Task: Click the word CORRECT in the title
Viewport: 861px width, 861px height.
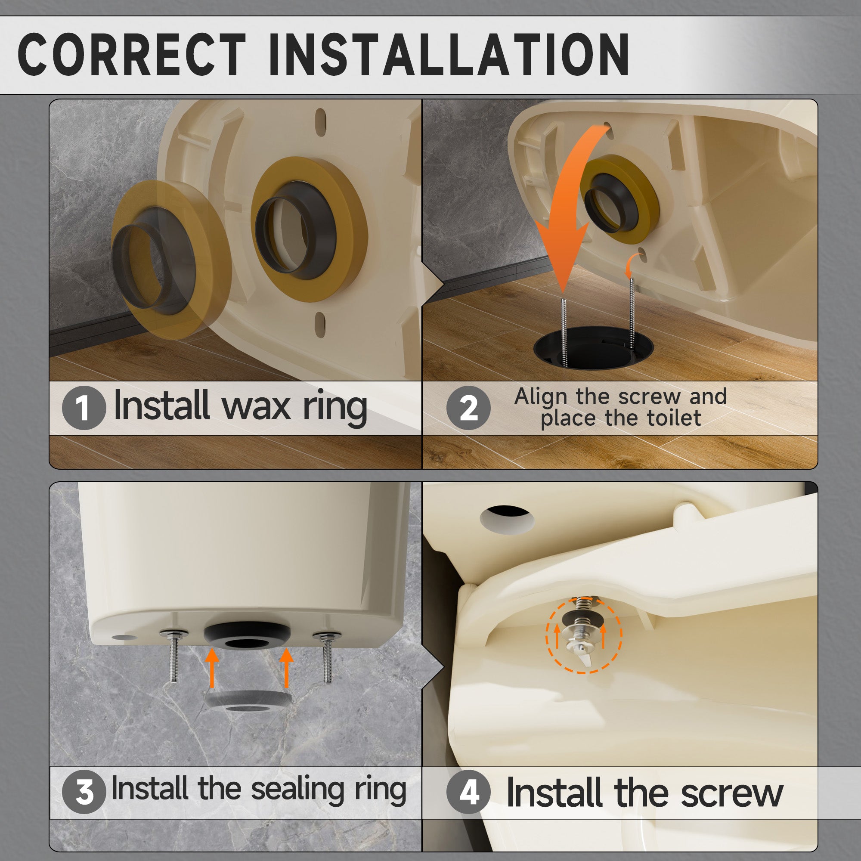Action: coord(132,54)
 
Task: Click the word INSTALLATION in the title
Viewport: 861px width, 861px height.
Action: coord(449,54)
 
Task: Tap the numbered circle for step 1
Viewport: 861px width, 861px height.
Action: coord(84,407)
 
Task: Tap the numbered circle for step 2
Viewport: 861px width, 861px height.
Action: coord(468,407)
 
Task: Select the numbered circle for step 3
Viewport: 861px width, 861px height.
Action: coord(84,792)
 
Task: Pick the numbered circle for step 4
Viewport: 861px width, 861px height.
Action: coord(468,792)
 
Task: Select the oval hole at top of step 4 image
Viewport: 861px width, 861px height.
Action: coord(507,519)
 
